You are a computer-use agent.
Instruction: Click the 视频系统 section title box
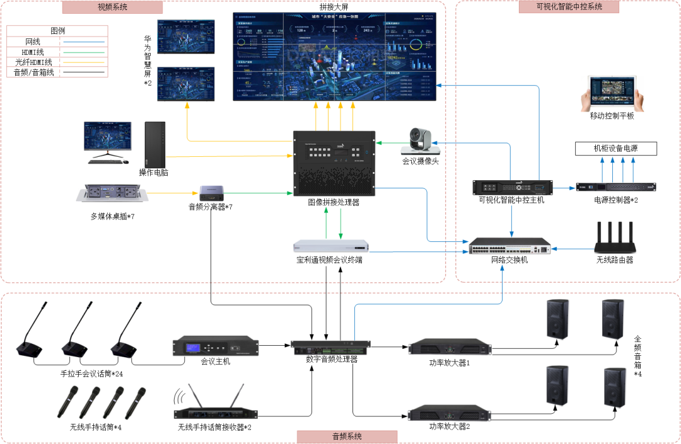click(x=113, y=8)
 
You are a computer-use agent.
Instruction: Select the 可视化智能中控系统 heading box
click(x=569, y=7)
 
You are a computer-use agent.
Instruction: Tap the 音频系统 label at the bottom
click(x=347, y=436)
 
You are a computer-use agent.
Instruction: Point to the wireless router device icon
click(x=615, y=239)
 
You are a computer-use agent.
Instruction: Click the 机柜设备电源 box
click(x=616, y=149)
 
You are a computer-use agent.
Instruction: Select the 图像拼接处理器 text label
click(x=334, y=203)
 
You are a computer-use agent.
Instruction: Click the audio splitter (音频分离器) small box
click(x=209, y=192)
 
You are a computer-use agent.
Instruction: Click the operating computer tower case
click(x=154, y=144)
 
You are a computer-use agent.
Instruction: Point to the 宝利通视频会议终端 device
click(x=332, y=246)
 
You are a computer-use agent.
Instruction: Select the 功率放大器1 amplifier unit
click(x=450, y=347)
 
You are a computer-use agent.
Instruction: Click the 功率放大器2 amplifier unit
click(x=450, y=414)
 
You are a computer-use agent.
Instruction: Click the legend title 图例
click(x=57, y=30)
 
